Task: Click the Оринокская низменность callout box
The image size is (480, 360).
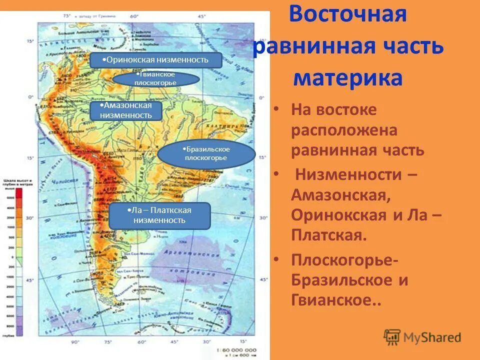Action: tap(155, 60)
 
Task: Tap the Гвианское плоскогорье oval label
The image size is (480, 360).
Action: tap(156, 79)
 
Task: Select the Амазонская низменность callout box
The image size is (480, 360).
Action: tap(126, 110)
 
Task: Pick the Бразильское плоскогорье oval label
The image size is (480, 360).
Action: tap(206, 153)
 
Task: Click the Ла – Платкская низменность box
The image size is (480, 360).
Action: tap(159, 216)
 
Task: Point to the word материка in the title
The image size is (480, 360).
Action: tap(348, 78)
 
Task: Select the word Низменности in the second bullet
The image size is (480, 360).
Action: tap(355, 174)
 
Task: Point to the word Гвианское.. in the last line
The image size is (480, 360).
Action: tap(336, 301)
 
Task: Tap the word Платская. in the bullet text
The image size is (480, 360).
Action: tap(329, 235)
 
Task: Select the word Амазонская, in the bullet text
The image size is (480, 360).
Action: tap(340, 195)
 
